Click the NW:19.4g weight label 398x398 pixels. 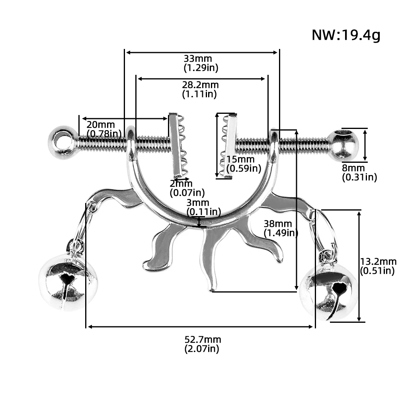tap(346, 35)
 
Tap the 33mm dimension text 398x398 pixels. tap(198, 59)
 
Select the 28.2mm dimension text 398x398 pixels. tap(200, 85)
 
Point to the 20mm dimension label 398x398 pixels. tap(101, 125)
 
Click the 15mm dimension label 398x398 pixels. tap(240, 159)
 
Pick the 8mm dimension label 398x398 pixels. tap(353, 168)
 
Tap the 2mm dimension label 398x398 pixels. tap(181, 183)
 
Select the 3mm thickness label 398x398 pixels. tap(198, 203)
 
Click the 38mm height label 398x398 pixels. tap(278, 224)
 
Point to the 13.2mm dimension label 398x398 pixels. tap(378, 261)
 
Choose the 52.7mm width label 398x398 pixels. tap(203, 339)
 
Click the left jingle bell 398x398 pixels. tap(68, 282)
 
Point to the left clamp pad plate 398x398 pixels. tap(175, 146)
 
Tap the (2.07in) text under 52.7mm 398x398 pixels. tap(202, 349)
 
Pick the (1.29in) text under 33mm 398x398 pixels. tap(201, 68)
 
